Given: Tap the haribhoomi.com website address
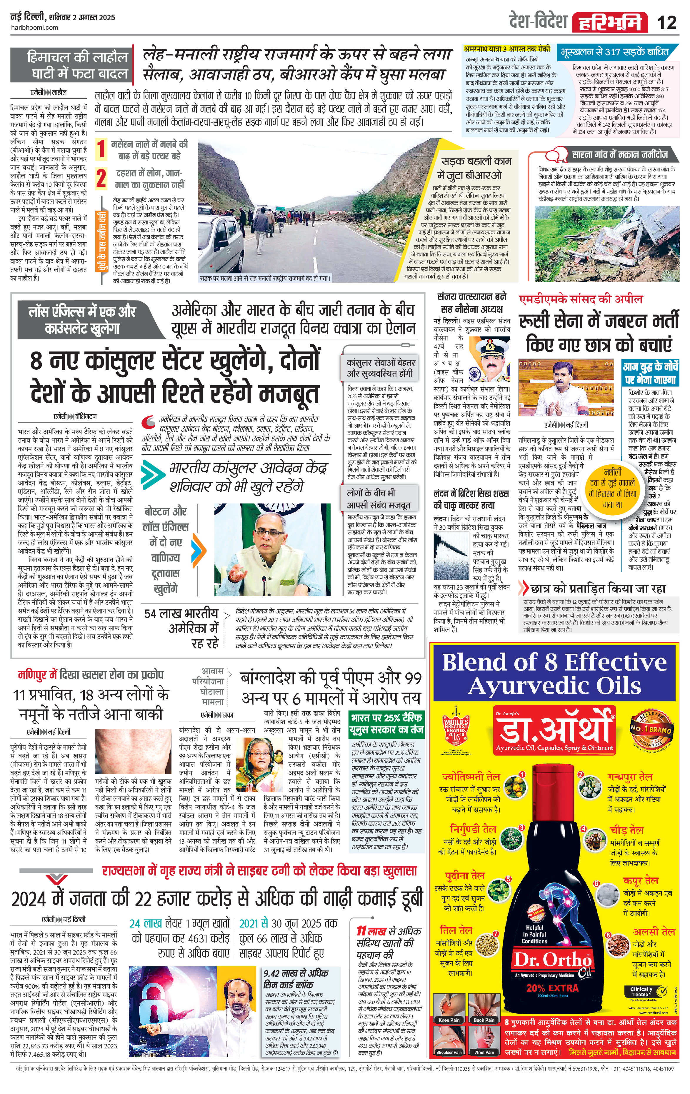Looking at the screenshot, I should [34, 27].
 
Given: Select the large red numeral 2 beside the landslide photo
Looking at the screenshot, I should [101, 178].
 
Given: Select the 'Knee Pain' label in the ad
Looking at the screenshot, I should [449, 1020].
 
